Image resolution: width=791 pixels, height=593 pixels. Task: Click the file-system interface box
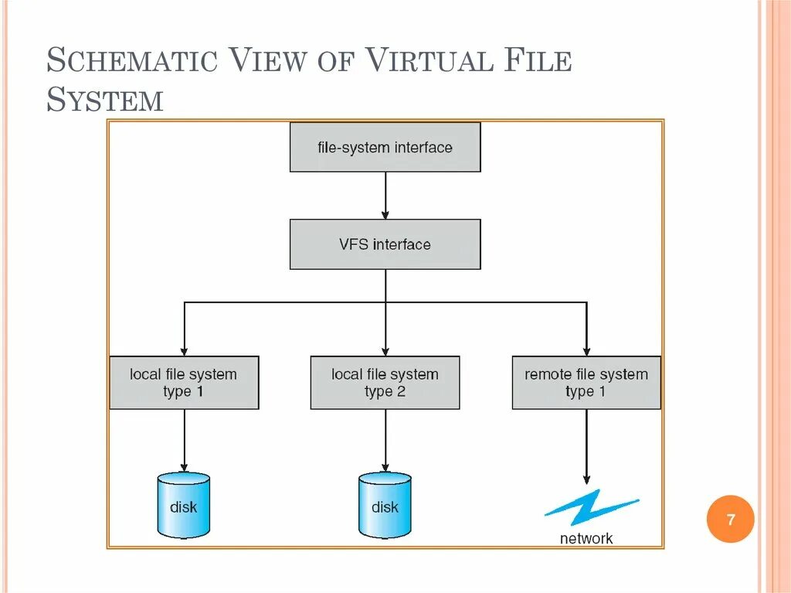tap(385, 147)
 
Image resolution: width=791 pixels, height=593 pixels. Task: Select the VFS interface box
tap(385, 244)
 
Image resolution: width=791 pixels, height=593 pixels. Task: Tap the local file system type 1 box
tap(184, 383)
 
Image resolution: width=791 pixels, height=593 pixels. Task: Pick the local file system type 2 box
tap(385, 383)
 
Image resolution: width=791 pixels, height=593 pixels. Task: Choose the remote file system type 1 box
tap(586, 383)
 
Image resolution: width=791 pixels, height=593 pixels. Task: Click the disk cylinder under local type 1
tap(183, 506)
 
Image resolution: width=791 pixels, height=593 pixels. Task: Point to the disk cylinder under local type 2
tap(385, 506)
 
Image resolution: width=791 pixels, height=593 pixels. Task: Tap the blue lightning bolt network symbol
tap(591, 506)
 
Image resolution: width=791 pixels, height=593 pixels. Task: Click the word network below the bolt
tap(586, 538)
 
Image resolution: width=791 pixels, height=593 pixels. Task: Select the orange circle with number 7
tap(730, 520)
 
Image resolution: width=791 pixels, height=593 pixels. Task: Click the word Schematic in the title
tap(132, 61)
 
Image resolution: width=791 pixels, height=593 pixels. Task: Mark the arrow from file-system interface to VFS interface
tap(385, 195)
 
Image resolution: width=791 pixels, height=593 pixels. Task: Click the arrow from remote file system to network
tap(586, 445)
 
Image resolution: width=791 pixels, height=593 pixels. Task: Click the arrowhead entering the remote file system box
tap(586, 350)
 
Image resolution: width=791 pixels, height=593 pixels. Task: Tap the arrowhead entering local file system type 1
tap(184, 350)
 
